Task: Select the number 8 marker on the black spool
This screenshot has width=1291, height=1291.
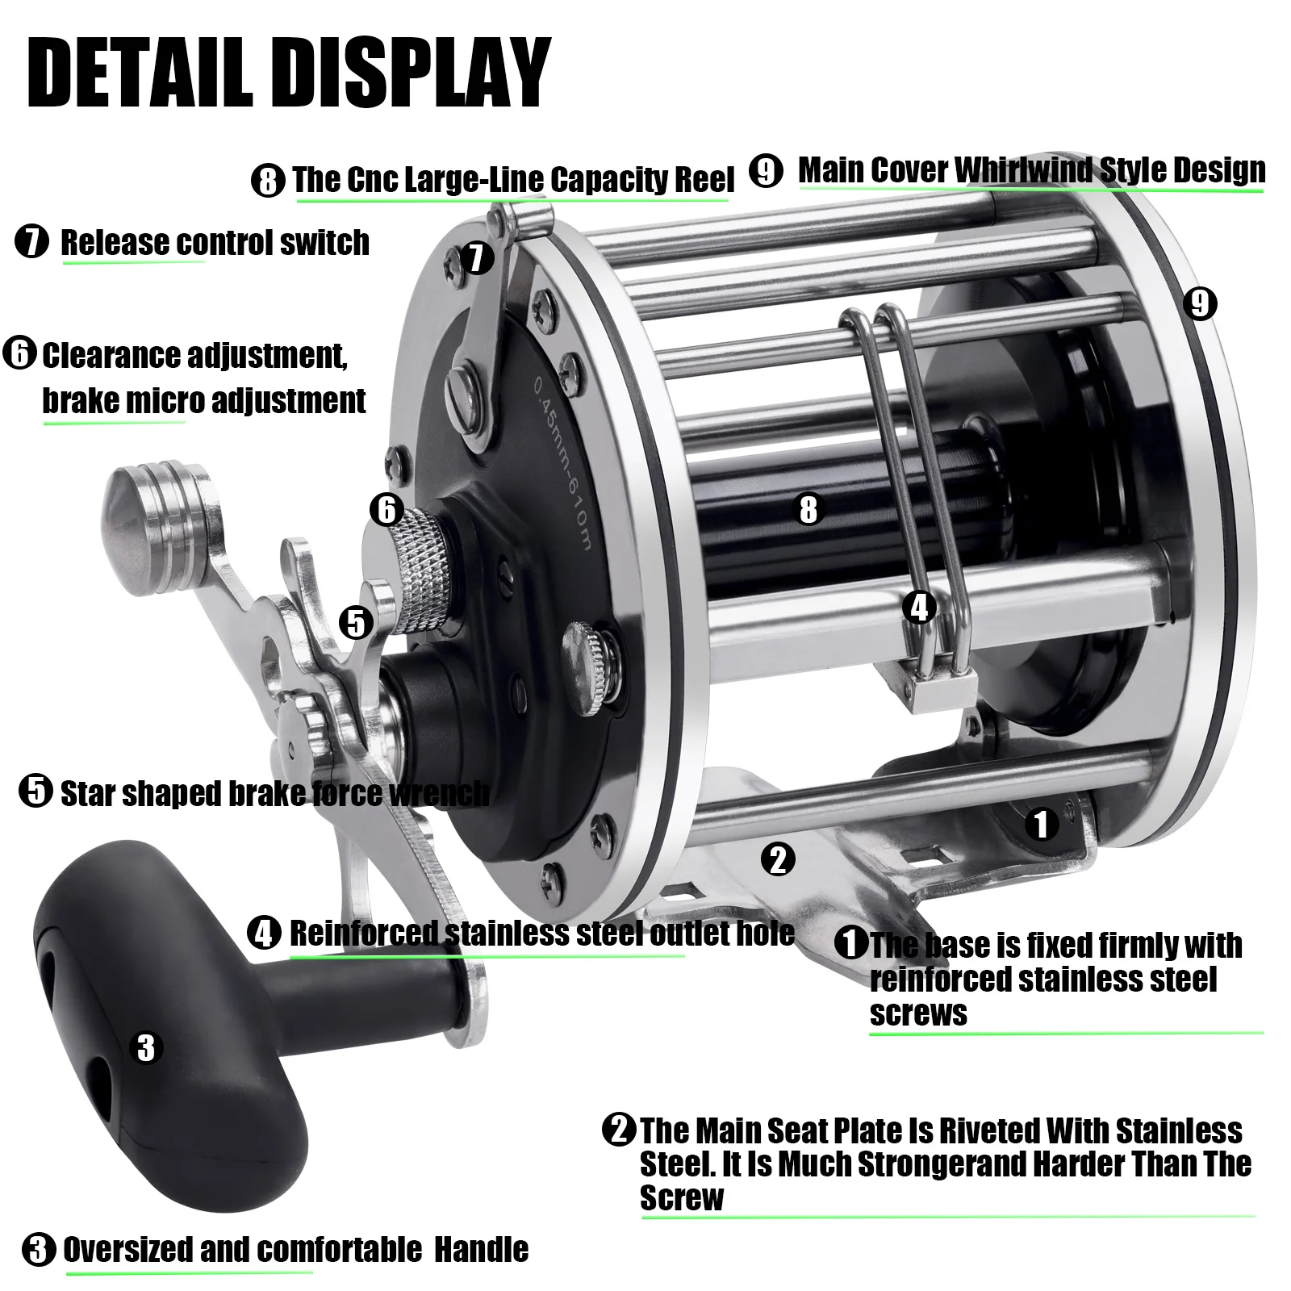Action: [x=808, y=510]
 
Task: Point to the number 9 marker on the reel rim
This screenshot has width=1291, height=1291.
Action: [x=1200, y=303]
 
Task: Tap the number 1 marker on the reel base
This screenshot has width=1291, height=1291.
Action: [x=1042, y=824]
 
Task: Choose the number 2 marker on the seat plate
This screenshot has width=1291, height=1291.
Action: [x=778, y=859]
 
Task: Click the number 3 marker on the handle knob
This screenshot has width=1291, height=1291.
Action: [x=146, y=1047]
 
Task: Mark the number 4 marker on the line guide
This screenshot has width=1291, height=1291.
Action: [x=920, y=607]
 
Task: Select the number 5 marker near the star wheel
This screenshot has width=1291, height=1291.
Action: [x=356, y=623]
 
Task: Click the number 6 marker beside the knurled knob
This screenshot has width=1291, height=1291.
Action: [x=386, y=510]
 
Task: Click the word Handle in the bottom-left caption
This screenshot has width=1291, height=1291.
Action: [x=482, y=1250]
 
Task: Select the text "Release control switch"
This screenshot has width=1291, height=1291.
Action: [x=215, y=242]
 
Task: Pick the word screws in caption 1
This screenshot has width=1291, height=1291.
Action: [x=918, y=1014]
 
